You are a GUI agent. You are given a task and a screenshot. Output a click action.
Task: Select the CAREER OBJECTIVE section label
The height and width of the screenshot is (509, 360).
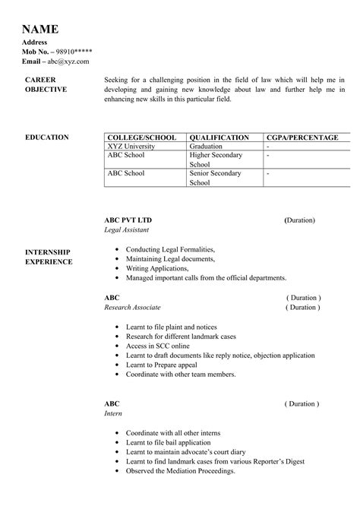click(46, 84)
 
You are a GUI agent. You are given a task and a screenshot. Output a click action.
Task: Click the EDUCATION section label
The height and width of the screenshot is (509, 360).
click(47, 138)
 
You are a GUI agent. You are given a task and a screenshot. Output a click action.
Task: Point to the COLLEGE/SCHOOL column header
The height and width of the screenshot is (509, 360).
click(142, 138)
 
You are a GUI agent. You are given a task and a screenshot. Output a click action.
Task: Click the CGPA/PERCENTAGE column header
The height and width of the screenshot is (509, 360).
click(302, 138)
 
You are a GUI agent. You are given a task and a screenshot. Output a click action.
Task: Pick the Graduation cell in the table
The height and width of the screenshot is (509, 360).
click(206, 146)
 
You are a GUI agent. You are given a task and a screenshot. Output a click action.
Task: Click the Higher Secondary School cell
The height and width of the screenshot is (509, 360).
click(216, 160)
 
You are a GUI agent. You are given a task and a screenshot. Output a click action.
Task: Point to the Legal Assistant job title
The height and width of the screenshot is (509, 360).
click(127, 229)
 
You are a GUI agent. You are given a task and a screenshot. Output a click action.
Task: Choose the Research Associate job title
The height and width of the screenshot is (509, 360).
click(132, 308)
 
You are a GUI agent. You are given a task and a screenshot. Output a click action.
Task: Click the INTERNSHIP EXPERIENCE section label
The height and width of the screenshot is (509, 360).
click(49, 257)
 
